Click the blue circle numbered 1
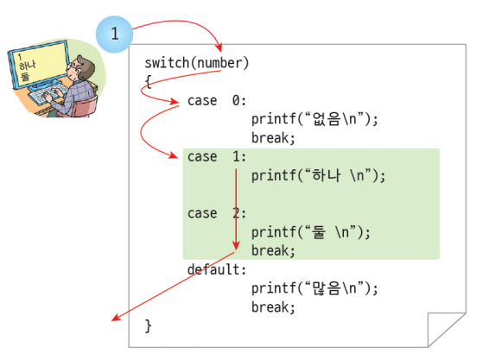114,34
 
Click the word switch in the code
167,63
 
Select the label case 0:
217,101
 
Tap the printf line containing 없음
314,119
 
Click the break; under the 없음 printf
273,138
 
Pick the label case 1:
217,157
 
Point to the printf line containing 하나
319,175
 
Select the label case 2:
217,213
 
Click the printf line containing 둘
311,232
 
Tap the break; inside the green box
273,250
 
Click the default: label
217,269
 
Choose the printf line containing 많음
314,288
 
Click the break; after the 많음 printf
273,307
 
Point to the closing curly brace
148,326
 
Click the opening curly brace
148,82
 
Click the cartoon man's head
82,68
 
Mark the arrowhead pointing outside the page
116,318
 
